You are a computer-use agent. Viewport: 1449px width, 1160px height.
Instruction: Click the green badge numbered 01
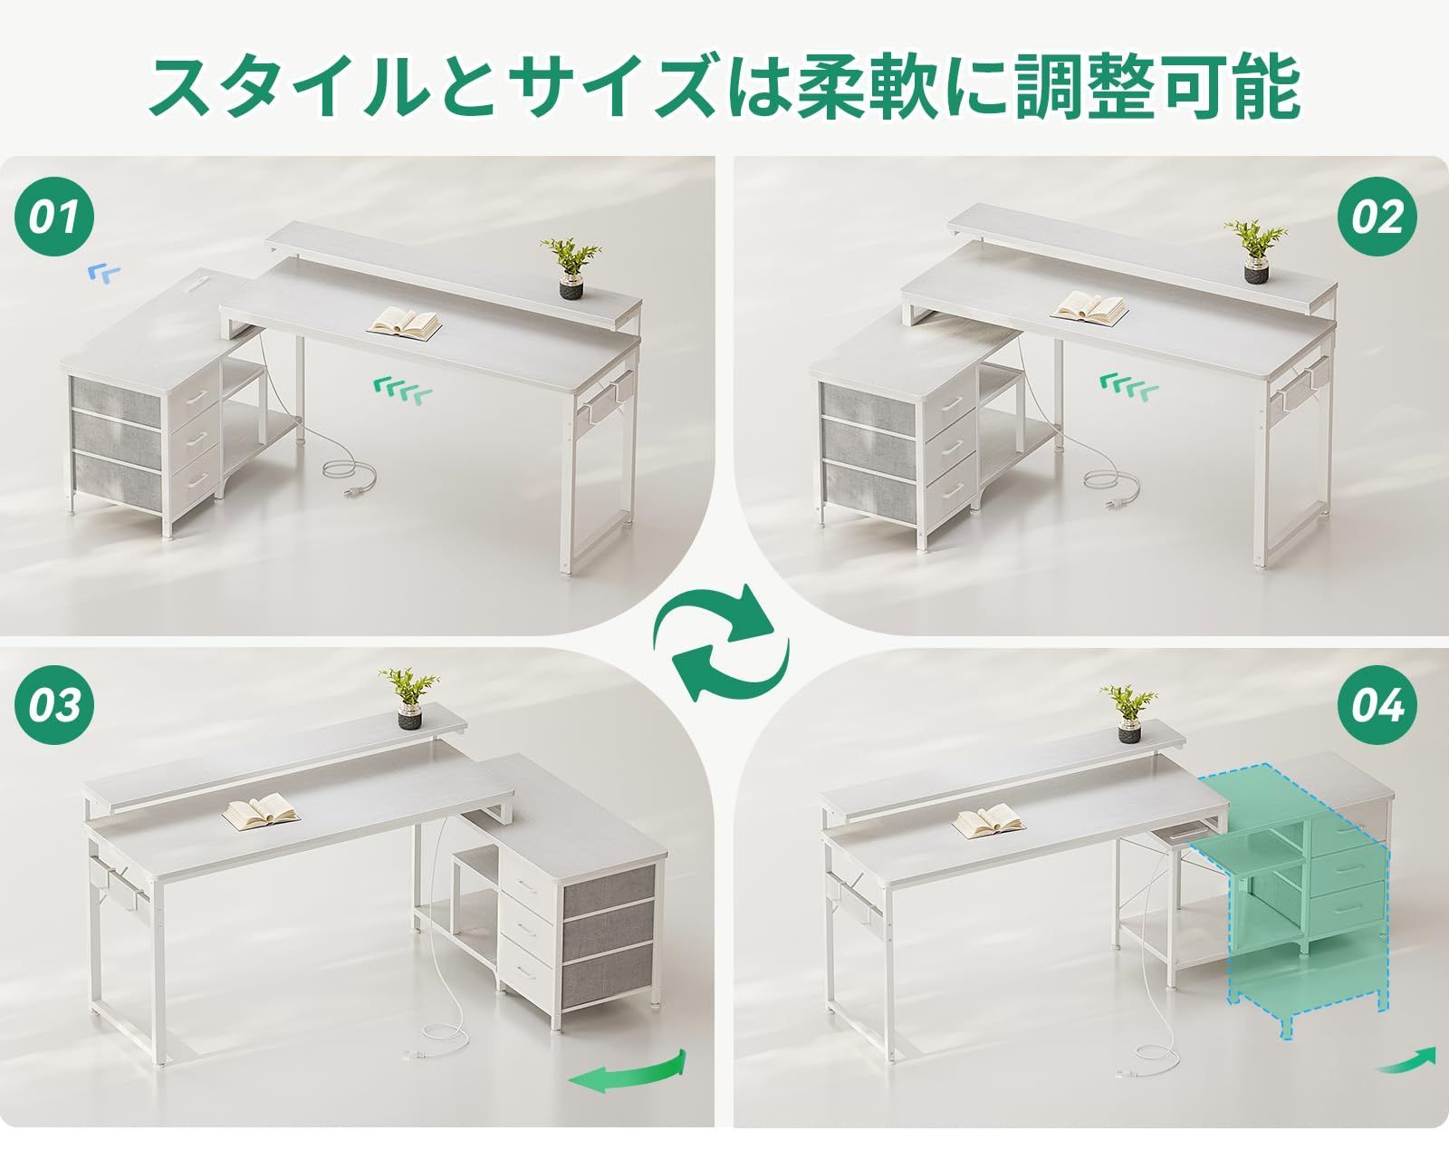(55, 218)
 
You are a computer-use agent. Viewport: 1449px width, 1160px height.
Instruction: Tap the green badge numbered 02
(1377, 218)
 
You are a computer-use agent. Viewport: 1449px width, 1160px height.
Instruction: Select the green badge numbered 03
(55, 705)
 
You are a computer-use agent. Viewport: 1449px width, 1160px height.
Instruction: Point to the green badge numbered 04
(1377, 705)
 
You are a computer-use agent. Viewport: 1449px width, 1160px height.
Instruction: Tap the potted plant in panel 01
(571, 268)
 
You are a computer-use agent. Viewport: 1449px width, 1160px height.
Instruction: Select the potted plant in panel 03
(409, 698)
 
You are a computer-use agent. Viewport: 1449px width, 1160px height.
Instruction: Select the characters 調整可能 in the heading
(1156, 88)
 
